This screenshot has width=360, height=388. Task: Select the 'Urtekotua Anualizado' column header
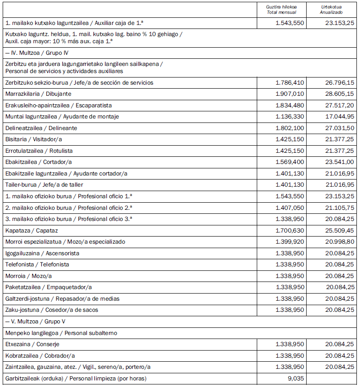click(x=332, y=9)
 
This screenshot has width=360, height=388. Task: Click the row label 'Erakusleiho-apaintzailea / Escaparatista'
click(x=58, y=106)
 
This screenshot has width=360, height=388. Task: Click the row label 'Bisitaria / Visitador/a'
click(x=33, y=139)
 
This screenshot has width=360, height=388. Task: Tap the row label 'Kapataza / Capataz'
click(x=32, y=231)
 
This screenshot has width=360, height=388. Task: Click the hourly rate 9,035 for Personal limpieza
click(x=295, y=379)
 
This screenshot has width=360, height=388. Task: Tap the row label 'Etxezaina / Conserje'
click(x=32, y=344)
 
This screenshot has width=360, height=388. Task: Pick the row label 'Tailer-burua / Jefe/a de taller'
click(x=44, y=185)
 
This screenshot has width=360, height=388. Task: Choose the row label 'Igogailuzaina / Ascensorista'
click(x=42, y=253)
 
